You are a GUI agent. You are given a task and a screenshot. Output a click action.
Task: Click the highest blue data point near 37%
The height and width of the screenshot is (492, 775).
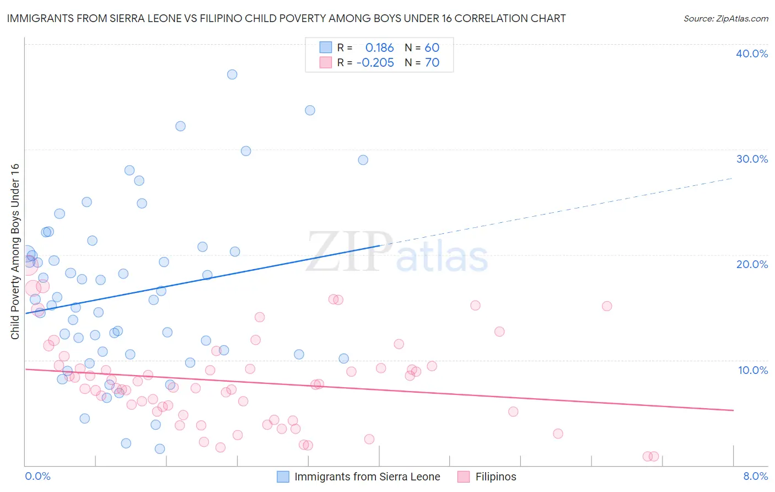pyautogui.click(x=232, y=74)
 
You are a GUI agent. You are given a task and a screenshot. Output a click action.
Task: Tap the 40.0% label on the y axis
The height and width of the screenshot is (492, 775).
pyautogui.click(x=751, y=54)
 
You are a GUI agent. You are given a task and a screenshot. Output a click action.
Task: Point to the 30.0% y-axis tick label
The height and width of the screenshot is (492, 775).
pyautogui.click(x=751, y=159)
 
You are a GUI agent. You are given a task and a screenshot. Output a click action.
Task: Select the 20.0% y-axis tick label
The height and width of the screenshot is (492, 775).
pyautogui.click(x=751, y=264)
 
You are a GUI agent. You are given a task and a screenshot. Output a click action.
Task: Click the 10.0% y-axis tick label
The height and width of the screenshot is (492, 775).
pyautogui.click(x=752, y=370)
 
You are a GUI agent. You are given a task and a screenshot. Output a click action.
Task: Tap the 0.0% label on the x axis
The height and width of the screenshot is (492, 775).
pyautogui.click(x=37, y=476)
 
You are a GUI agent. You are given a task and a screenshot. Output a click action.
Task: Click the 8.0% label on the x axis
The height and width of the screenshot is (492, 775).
pyautogui.click(x=755, y=476)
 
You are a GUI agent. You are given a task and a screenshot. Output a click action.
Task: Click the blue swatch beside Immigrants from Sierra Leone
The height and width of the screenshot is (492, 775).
pyautogui.click(x=283, y=477)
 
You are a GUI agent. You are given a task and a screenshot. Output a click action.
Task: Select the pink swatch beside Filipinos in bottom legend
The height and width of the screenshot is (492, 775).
pyautogui.click(x=464, y=477)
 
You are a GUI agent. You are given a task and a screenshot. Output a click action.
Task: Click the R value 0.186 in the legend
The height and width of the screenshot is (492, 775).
pyautogui.click(x=379, y=48)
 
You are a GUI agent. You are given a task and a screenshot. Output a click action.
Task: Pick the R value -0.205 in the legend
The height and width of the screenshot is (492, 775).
pyautogui.click(x=375, y=63)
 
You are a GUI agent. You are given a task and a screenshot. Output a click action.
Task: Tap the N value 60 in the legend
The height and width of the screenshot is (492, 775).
pyautogui.click(x=432, y=48)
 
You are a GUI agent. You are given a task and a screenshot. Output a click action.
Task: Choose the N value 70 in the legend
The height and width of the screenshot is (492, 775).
pyautogui.click(x=432, y=63)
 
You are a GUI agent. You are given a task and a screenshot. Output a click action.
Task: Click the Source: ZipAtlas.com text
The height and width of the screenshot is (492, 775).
pyautogui.click(x=725, y=19)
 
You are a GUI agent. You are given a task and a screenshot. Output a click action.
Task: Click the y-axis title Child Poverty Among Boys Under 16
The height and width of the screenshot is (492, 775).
pyautogui.click(x=15, y=252)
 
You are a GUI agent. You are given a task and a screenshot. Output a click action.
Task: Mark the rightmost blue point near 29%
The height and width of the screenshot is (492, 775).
pyautogui.click(x=363, y=160)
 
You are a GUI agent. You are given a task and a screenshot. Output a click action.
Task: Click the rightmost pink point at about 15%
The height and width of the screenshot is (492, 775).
pyautogui.click(x=607, y=306)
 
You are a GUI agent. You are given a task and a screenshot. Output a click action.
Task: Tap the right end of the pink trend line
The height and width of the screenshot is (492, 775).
pyautogui.click(x=733, y=410)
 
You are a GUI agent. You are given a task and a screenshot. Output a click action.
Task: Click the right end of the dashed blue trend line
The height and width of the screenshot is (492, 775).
pyautogui.click(x=732, y=178)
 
